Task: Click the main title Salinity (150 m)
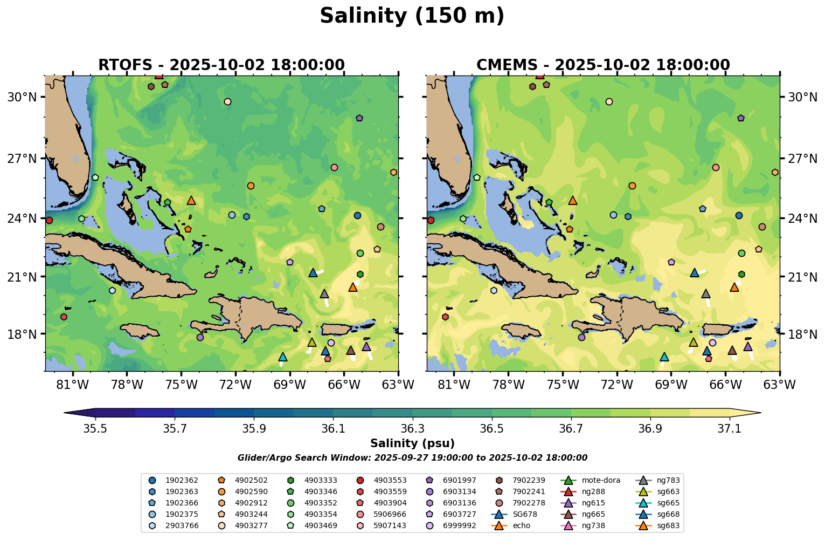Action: tap(412, 16)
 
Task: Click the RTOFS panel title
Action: tap(221, 65)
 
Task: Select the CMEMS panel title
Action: tap(603, 65)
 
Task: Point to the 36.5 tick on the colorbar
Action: tap(492, 428)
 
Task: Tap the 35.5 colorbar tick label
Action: tap(95, 428)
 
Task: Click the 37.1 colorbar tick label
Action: tap(730, 428)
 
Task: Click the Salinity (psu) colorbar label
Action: tap(412, 443)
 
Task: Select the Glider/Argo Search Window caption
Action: tap(412, 458)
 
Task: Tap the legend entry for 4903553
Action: tap(390, 480)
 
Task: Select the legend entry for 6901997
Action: tap(459, 480)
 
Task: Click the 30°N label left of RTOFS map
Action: tap(20, 98)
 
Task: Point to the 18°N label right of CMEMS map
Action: tap(803, 334)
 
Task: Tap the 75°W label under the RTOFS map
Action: tap(181, 385)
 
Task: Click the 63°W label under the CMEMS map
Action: tap(780, 385)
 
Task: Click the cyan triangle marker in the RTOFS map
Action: tap(283, 357)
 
